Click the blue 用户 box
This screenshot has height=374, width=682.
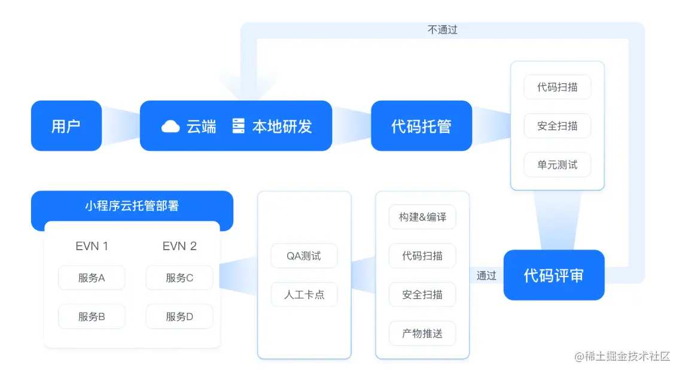click(66, 126)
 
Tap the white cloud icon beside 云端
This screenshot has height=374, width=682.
click(170, 126)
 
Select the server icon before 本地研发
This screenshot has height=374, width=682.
click(239, 126)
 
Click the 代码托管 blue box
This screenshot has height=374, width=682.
click(421, 126)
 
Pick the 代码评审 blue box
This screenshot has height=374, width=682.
click(553, 275)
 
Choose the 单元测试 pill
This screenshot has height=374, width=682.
click(557, 165)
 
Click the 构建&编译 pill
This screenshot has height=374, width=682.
click(422, 217)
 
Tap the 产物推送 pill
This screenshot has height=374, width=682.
click(422, 333)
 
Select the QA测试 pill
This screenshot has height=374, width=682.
click(304, 256)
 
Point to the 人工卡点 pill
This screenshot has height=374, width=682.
click(304, 294)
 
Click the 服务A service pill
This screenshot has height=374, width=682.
click(92, 278)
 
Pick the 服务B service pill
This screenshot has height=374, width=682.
click(92, 317)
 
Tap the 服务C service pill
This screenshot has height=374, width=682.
click(179, 278)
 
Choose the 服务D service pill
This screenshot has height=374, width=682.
click(179, 317)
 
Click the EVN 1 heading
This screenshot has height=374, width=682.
click(92, 246)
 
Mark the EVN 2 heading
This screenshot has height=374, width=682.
click(179, 246)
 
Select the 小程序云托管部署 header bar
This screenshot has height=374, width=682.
click(132, 206)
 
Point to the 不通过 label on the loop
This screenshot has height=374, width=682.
click(443, 29)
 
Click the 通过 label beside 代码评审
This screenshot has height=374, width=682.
click(486, 275)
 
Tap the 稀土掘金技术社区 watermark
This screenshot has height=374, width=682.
click(622, 357)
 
